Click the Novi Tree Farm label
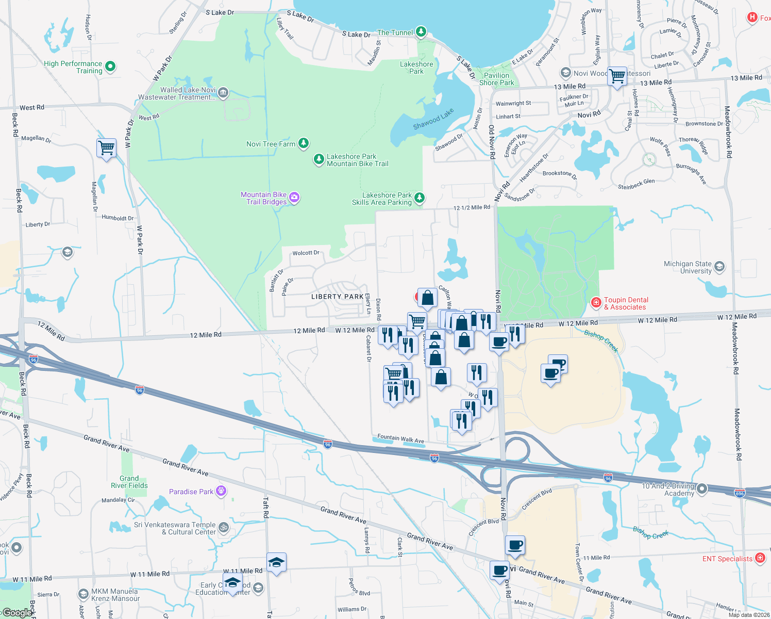pyautogui.click(x=271, y=144)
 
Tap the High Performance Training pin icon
pyautogui.click(x=110, y=67)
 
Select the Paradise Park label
pyautogui.click(x=191, y=492)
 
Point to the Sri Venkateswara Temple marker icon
pyautogui.click(x=224, y=527)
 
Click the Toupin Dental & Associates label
pyautogui.click(x=626, y=303)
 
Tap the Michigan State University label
pyautogui.click(x=688, y=267)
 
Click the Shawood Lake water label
pyautogui.click(x=433, y=119)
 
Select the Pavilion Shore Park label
pyautogui.click(x=496, y=79)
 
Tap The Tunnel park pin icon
pyautogui.click(x=421, y=32)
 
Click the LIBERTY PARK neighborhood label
pyautogui.click(x=337, y=297)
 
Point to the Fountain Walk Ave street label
pyautogui.click(x=400, y=438)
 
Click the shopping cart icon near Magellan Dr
pyautogui.click(x=107, y=148)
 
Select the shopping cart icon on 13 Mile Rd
pyautogui.click(x=617, y=76)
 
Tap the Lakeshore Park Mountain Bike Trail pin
pyautogui.click(x=319, y=159)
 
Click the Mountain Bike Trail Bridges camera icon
pyautogui.click(x=294, y=197)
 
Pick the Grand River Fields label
pyautogui.click(x=129, y=482)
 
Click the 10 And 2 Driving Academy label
pyautogui.click(x=668, y=490)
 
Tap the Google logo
pyautogui.click(x=18, y=613)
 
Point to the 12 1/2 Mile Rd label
pyautogui.click(x=472, y=207)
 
